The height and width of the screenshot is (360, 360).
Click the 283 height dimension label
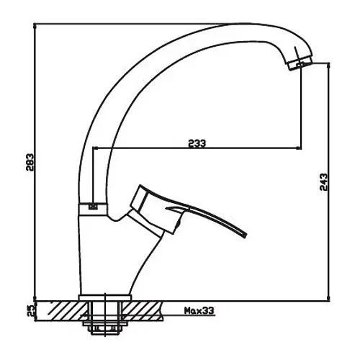click(x=30, y=162)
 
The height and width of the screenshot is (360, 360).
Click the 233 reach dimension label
click(x=197, y=143)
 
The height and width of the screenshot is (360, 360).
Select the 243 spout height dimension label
click(x=323, y=182)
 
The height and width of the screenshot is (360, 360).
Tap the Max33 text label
click(x=199, y=311)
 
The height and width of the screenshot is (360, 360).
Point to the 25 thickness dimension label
click(x=30, y=311)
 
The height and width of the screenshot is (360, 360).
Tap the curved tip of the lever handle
click(x=243, y=235)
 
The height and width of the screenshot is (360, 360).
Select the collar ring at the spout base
click(x=93, y=209)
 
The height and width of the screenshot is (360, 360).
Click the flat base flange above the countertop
click(x=105, y=297)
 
